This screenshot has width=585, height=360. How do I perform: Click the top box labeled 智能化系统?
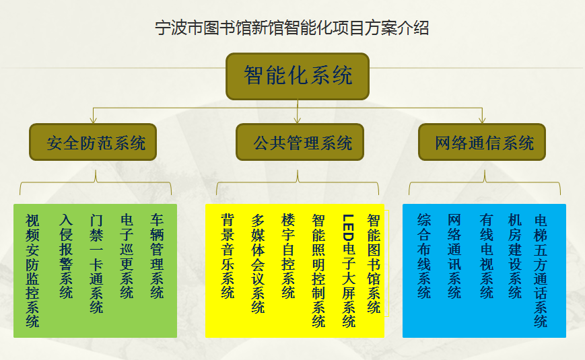298,76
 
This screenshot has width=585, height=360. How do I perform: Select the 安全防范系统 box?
93,142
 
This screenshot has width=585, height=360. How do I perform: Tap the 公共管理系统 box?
300,142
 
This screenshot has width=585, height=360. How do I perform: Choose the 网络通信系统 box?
482,142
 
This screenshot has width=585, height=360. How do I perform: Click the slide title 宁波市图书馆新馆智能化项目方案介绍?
291,28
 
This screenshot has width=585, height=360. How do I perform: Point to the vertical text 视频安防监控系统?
32,271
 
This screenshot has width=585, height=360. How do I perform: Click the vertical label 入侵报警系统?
66,256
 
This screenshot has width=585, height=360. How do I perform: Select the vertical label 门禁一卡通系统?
96,264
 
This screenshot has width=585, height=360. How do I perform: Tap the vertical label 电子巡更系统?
127,256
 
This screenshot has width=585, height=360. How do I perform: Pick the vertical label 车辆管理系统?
157,256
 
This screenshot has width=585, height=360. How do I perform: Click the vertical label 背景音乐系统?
228,256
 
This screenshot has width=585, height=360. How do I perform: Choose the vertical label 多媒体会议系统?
258,264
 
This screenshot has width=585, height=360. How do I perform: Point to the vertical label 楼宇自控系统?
288,256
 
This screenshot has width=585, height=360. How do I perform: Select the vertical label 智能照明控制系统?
318,271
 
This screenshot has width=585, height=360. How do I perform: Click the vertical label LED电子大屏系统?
349,271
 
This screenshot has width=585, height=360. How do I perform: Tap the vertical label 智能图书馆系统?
374,264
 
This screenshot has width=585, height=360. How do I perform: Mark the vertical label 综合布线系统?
424,256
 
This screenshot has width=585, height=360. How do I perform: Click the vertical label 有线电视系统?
487,256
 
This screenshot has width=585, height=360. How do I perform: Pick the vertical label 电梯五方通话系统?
541,271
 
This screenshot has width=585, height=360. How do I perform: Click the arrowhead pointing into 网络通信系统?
482,120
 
